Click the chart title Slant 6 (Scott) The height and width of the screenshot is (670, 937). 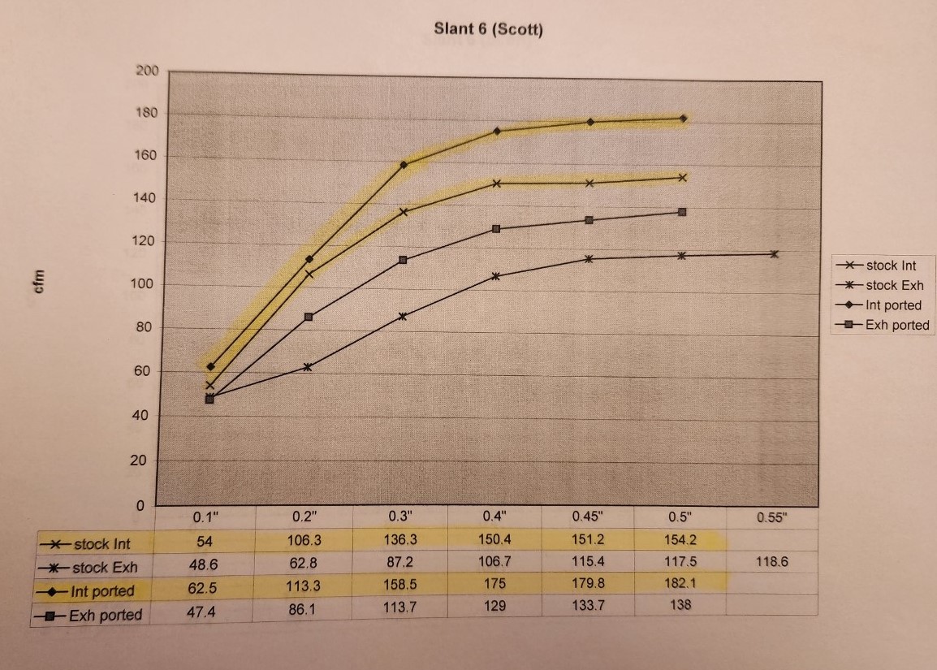488,30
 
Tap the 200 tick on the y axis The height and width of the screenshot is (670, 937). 147,71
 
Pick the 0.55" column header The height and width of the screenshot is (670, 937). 771,517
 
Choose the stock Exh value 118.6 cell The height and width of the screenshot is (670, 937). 771,561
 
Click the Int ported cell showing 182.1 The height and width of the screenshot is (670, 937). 680,581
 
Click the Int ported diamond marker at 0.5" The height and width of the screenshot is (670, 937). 684,119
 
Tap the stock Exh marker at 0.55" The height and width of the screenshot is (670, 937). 774,254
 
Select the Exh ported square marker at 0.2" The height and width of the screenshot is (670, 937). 309,317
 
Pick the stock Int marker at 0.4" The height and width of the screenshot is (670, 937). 497,184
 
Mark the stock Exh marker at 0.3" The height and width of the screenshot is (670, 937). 403,316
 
